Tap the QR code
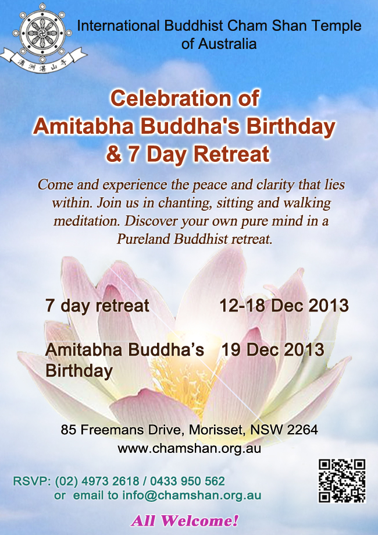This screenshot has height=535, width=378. pyautogui.click(x=342, y=481)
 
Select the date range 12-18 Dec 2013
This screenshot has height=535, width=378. pyautogui.click(x=284, y=306)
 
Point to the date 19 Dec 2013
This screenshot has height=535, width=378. pyautogui.click(x=273, y=349)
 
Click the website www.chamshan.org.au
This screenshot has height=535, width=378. pyautogui.click(x=189, y=448)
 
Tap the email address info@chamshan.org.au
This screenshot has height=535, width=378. pyautogui.click(x=192, y=495)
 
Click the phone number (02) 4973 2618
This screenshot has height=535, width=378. pyautogui.click(x=97, y=481)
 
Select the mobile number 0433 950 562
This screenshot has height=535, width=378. pyautogui.click(x=187, y=481)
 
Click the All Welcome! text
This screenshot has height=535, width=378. pyautogui.click(x=184, y=521)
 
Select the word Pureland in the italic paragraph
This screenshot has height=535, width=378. pyautogui.click(x=143, y=239)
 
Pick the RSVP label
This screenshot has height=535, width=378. pyautogui.click(x=31, y=481)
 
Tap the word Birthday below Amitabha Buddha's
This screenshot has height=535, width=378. pyautogui.click(x=79, y=371)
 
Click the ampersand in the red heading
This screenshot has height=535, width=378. pyautogui.click(x=113, y=154)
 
